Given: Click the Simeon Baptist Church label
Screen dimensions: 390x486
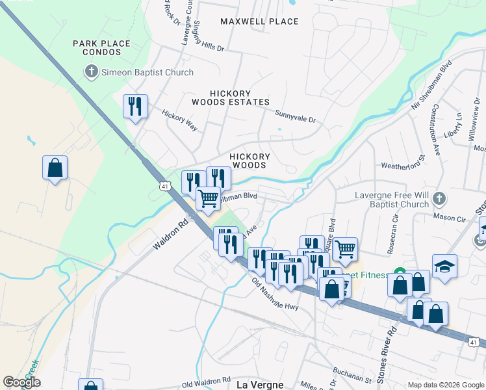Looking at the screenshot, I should pyautogui.click(x=147, y=72).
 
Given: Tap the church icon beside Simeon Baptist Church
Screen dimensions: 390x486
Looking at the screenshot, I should pyautogui.click(x=92, y=72).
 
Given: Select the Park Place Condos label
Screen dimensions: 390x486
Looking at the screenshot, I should pyautogui.click(x=101, y=48).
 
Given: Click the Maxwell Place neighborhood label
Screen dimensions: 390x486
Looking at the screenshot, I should pyautogui.click(x=259, y=21).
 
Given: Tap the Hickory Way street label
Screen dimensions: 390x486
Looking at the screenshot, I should pyautogui.click(x=179, y=121).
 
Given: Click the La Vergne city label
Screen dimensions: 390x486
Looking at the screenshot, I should pyautogui.click(x=260, y=384).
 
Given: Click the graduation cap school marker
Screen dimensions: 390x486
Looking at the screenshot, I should pyautogui.click(x=444, y=266).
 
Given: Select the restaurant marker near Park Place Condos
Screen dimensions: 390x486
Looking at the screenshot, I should pyautogui.click(x=135, y=105).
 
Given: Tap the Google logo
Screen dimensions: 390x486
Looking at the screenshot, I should pyautogui.click(x=21, y=382).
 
